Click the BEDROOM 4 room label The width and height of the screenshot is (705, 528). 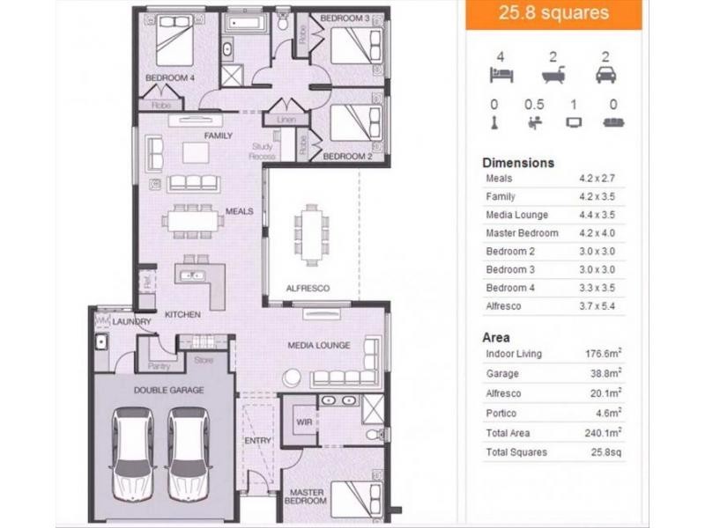click(x=170, y=77)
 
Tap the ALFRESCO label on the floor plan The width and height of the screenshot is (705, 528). click(x=308, y=289)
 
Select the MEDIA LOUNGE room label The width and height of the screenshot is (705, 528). click(x=319, y=345)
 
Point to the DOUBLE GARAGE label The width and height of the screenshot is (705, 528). click(x=169, y=390)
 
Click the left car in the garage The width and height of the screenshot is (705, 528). click(x=134, y=454)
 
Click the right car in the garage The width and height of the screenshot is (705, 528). click(x=189, y=454)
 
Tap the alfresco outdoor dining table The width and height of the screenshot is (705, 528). click(x=311, y=235)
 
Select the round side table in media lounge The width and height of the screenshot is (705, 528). click(x=292, y=378)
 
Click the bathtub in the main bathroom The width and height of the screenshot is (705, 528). click(x=244, y=23)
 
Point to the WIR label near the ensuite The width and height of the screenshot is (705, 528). click(x=304, y=422)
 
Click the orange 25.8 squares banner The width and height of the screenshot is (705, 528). click(x=554, y=14)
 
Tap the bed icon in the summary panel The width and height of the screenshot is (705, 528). click(x=501, y=75)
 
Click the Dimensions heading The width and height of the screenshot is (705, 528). click(x=518, y=163)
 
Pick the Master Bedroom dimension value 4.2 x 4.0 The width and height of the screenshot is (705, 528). click(x=597, y=233)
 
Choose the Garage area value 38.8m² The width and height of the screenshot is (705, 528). click(x=605, y=373)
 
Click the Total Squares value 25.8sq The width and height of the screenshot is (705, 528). click(x=606, y=452)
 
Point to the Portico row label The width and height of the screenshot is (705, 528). click(x=501, y=413)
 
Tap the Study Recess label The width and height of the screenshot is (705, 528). click(x=262, y=151)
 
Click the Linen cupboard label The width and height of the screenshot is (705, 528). click(x=286, y=120)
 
